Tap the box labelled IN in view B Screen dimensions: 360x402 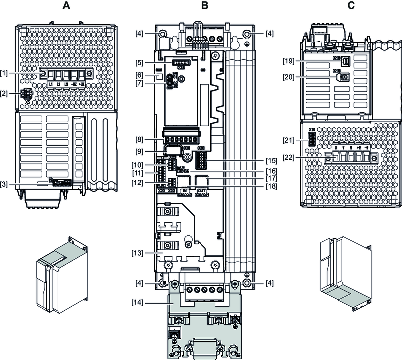click(184, 193)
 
